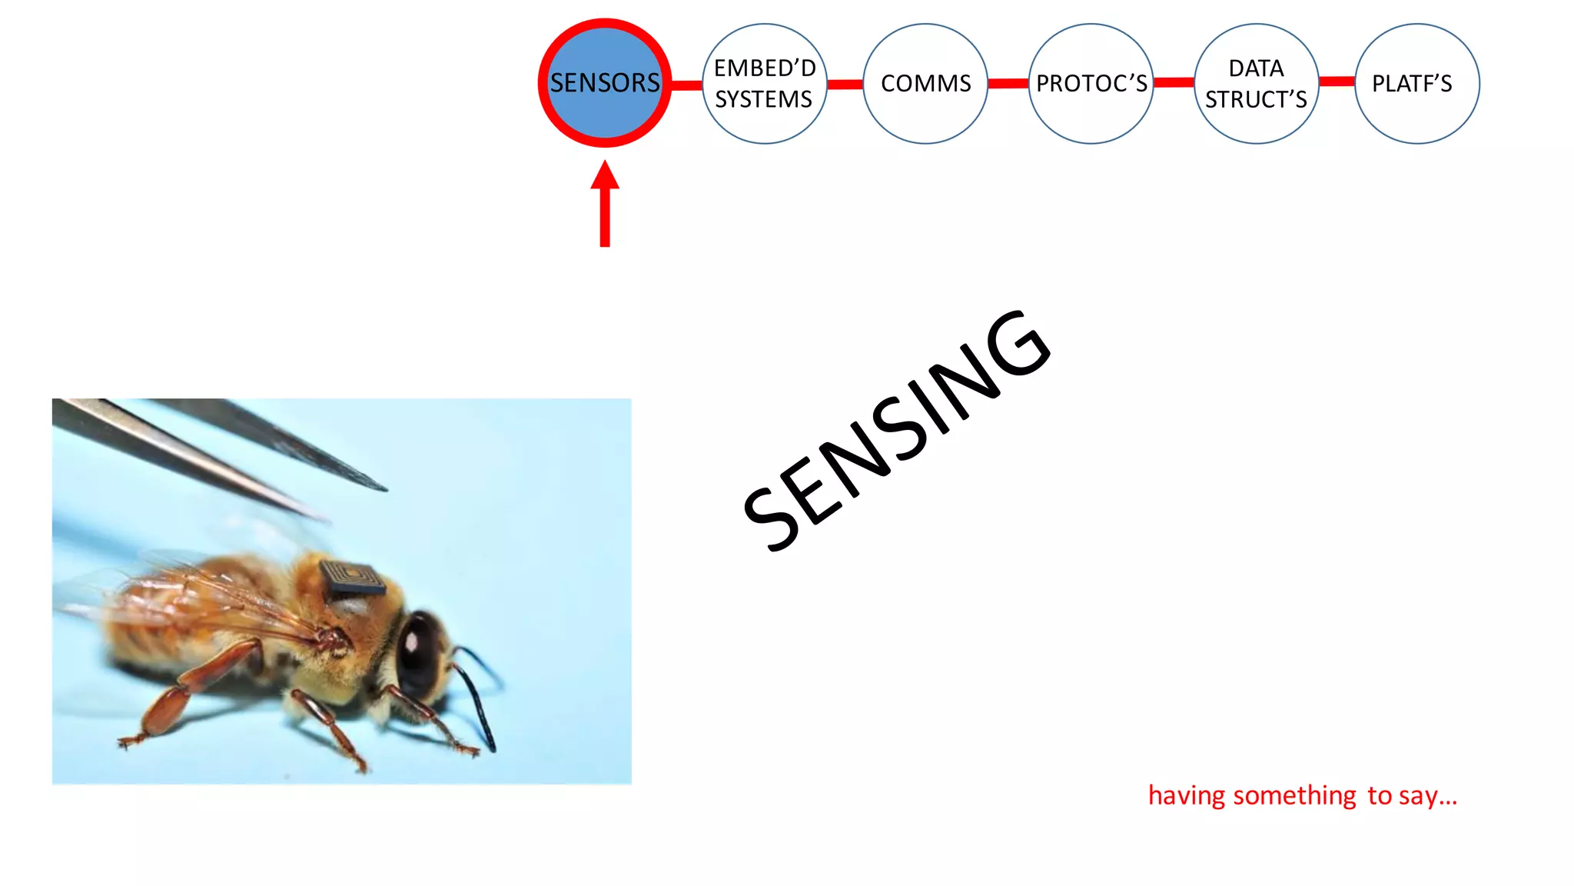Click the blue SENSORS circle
click(605, 83)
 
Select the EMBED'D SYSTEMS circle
click(764, 83)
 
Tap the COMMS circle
click(925, 83)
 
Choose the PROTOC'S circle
click(1091, 83)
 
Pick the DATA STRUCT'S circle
click(1256, 83)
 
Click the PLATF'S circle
click(1416, 83)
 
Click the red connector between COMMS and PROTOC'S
click(1008, 83)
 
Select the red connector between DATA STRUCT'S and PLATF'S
click(1337, 81)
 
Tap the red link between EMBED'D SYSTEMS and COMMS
click(845, 84)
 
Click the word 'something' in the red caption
click(1294, 795)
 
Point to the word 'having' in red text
click(1187, 795)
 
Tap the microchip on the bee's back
click(352, 579)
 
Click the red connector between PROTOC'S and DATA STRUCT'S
click(1174, 82)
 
